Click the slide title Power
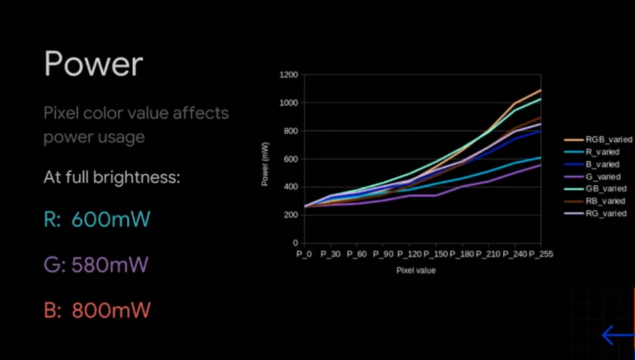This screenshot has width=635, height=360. tap(93, 65)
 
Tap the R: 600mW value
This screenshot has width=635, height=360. tap(97, 220)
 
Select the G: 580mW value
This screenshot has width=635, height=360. tap(96, 265)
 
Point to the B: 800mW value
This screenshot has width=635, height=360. tap(97, 310)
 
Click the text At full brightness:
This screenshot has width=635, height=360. tap(112, 178)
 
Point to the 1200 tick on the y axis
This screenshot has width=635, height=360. tap(288, 75)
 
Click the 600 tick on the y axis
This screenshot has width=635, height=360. tap(290, 159)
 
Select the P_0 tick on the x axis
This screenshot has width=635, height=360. tap(304, 254)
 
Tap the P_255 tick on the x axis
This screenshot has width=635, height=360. tap(541, 254)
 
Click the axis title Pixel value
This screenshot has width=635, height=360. tap(416, 271)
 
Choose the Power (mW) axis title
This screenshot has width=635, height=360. tap(265, 164)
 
